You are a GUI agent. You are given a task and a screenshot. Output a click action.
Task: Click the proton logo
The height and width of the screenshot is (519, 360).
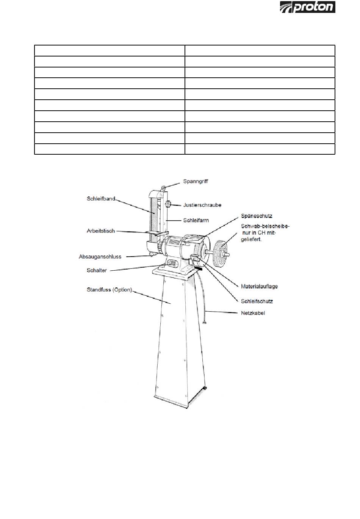(307, 7)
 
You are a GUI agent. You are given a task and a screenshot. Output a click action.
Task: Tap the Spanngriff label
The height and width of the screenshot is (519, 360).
(196, 181)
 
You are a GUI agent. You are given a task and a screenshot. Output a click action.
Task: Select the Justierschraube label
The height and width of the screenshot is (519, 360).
(202, 205)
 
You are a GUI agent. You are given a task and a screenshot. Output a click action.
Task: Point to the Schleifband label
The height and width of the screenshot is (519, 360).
(101, 199)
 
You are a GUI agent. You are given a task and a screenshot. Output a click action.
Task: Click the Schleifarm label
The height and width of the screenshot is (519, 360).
(196, 220)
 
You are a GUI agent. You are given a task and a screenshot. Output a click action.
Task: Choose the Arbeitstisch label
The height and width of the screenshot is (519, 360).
(100, 231)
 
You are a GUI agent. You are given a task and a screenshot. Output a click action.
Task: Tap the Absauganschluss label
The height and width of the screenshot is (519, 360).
(100, 257)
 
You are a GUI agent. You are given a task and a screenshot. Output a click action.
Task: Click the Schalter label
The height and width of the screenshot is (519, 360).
(97, 270)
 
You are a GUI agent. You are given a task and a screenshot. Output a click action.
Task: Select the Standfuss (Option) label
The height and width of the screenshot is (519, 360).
(110, 290)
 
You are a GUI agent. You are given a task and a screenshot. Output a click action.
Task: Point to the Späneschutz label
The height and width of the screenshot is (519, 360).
(257, 216)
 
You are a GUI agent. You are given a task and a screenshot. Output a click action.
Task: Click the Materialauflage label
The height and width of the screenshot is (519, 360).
(259, 286)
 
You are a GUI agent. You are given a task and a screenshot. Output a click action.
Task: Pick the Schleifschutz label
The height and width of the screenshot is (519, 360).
(257, 301)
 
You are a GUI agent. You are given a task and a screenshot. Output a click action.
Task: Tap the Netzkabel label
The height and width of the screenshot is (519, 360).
(253, 313)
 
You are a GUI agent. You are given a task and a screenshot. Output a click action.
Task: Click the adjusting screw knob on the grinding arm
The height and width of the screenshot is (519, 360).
(168, 205)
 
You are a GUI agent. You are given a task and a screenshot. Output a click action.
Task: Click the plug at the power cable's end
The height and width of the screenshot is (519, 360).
(205, 323)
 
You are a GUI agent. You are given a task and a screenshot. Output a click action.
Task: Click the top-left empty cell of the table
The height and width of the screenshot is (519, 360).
(110, 50)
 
